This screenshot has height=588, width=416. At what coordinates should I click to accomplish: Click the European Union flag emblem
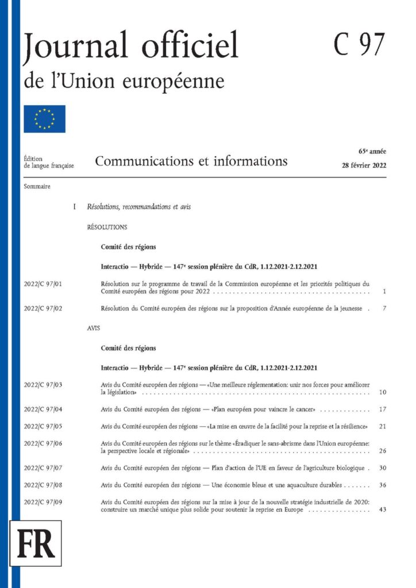click(44, 119)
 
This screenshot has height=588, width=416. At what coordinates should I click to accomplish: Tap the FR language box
click(36, 543)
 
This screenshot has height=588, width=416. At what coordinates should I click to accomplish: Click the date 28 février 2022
click(364, 165)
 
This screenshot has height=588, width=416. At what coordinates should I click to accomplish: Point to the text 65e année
click(372, 152)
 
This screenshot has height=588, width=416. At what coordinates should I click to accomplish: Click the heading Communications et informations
click(191, 161)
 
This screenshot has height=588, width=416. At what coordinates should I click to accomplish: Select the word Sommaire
click(37, 187)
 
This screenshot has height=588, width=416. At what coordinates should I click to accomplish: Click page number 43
click(383, 510)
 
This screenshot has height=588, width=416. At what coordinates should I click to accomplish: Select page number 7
click(384, 309)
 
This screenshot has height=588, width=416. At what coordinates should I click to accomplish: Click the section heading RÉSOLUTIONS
click(107, 227)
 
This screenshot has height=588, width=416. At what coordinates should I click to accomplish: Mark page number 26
click(383, 451)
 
